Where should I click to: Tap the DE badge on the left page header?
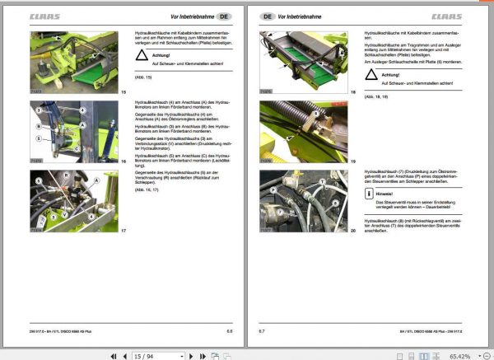225,16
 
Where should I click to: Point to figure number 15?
123,91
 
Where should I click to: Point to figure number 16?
123,162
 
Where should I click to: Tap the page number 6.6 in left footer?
230,331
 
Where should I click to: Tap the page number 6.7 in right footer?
262,331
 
